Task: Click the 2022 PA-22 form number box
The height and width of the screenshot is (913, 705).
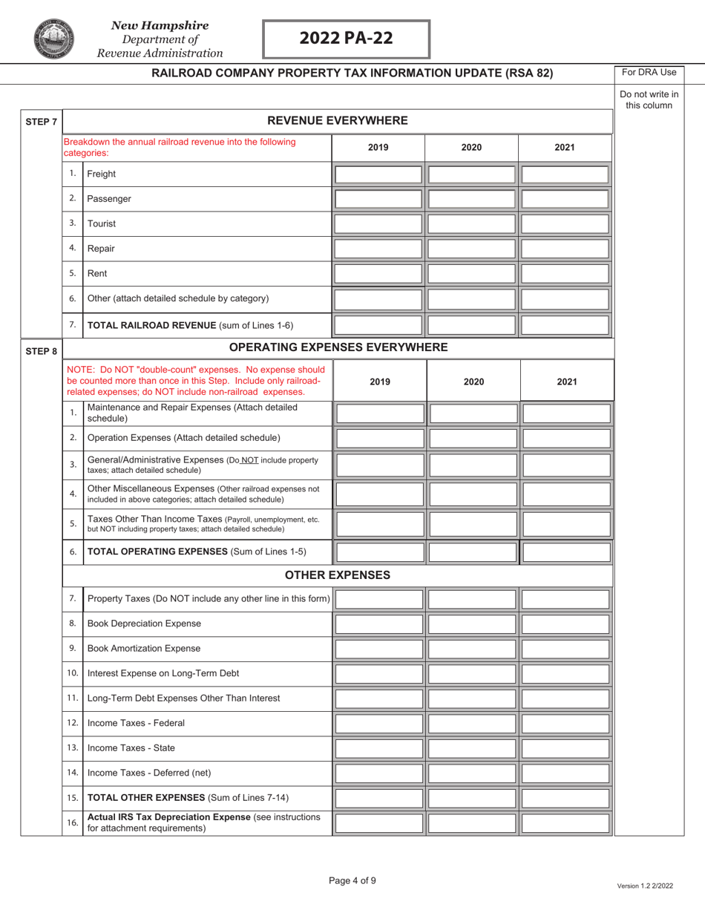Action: click(x=347, y=39)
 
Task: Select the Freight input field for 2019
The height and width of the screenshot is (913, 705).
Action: click(x=378, y=174)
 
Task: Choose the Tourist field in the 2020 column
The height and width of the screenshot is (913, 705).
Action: click(x=471, y=223)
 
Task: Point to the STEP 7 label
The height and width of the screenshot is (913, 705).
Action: click(x=41, y=121)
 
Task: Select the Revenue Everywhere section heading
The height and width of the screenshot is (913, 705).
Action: click(x=338, y=121)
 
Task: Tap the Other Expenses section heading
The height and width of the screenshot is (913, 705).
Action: click(x=338, y=575)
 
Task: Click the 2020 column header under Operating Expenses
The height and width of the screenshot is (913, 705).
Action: click(x=473, y=382)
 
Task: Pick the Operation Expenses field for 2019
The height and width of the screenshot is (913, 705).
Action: click(x=380, y=438)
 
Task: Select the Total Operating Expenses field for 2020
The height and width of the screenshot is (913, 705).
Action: click(x=473, y=552)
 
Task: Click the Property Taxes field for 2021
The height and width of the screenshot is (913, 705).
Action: click(x=567, y=599)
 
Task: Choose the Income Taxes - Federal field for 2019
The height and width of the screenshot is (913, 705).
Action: click(x=380, y=724)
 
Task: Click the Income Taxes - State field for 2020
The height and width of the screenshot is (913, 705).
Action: click(x=473, y=748)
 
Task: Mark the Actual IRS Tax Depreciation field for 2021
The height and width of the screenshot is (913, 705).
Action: click(x=567, y=823)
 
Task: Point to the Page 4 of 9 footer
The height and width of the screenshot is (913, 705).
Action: click(x=352, y=881)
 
